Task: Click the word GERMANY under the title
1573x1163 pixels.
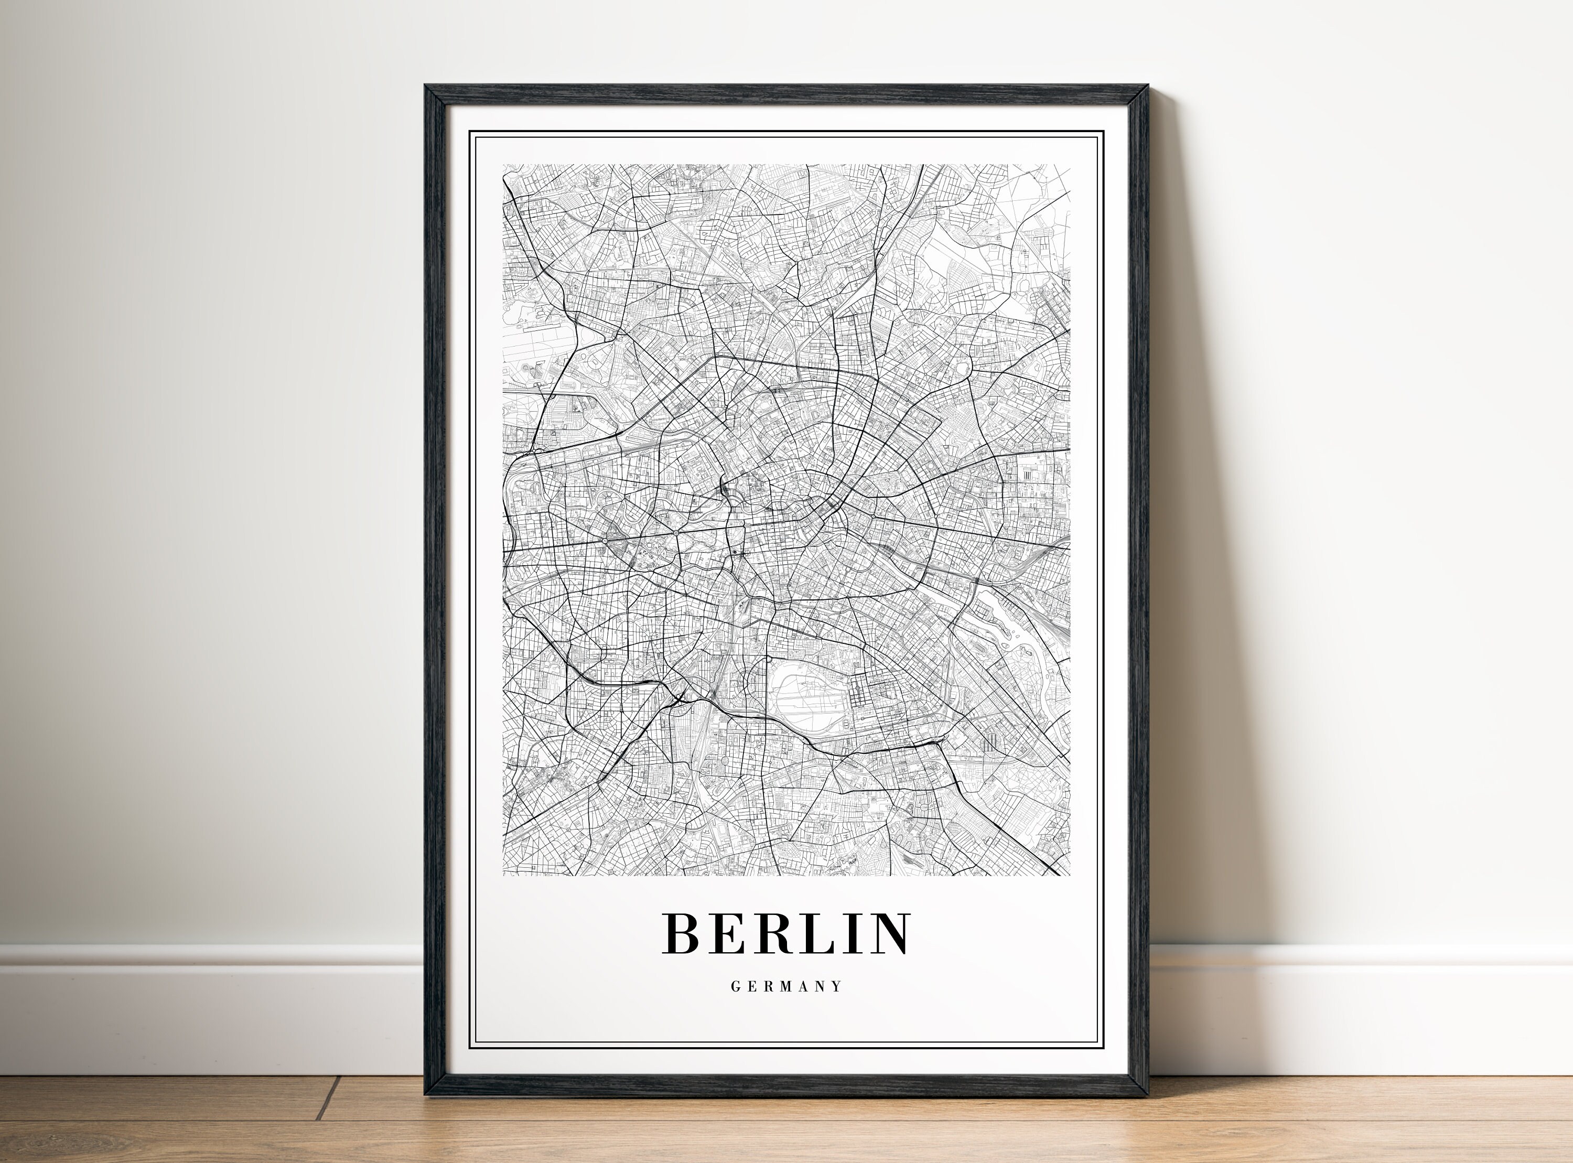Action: [786, 987]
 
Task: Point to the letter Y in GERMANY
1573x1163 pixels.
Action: [837, 987]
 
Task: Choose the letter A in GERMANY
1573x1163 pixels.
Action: [804, 987]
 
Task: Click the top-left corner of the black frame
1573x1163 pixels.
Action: [426, 87]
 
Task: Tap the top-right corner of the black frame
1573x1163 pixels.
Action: [1147, 87]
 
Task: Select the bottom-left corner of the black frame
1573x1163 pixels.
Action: [426, 1095]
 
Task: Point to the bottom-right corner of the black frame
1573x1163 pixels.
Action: [1147, 1095]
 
